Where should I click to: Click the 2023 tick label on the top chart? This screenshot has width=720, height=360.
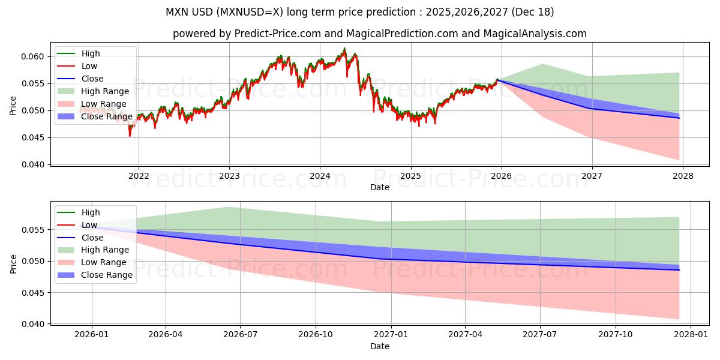click(x=229, y=176)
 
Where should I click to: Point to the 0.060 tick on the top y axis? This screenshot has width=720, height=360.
click(x=36, y=56)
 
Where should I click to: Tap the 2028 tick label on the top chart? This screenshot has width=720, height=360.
click(x=683, y=176)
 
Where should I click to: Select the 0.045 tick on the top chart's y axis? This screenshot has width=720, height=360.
click(x=36, y=137)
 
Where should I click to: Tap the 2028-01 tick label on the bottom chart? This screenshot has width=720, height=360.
click(x=691, y=335)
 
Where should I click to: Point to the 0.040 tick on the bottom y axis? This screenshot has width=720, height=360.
click(x=36, y=324)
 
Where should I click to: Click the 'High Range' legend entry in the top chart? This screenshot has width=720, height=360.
click(x=105, y=91)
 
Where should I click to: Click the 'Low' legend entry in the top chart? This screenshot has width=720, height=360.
click(x=89, y=66)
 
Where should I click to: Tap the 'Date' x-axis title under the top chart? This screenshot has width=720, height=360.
click(x=379, y=187)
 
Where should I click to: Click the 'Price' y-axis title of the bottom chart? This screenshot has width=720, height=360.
click(x=13, y=263)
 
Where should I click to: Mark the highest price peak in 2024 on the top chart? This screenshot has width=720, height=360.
click(x=344, y=49)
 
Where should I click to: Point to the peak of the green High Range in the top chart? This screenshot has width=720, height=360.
click(x=542, y=64)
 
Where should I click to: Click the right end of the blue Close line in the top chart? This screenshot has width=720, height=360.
click(x=679, y=118)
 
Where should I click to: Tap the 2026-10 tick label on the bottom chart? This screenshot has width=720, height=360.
click(x=315, y=335)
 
